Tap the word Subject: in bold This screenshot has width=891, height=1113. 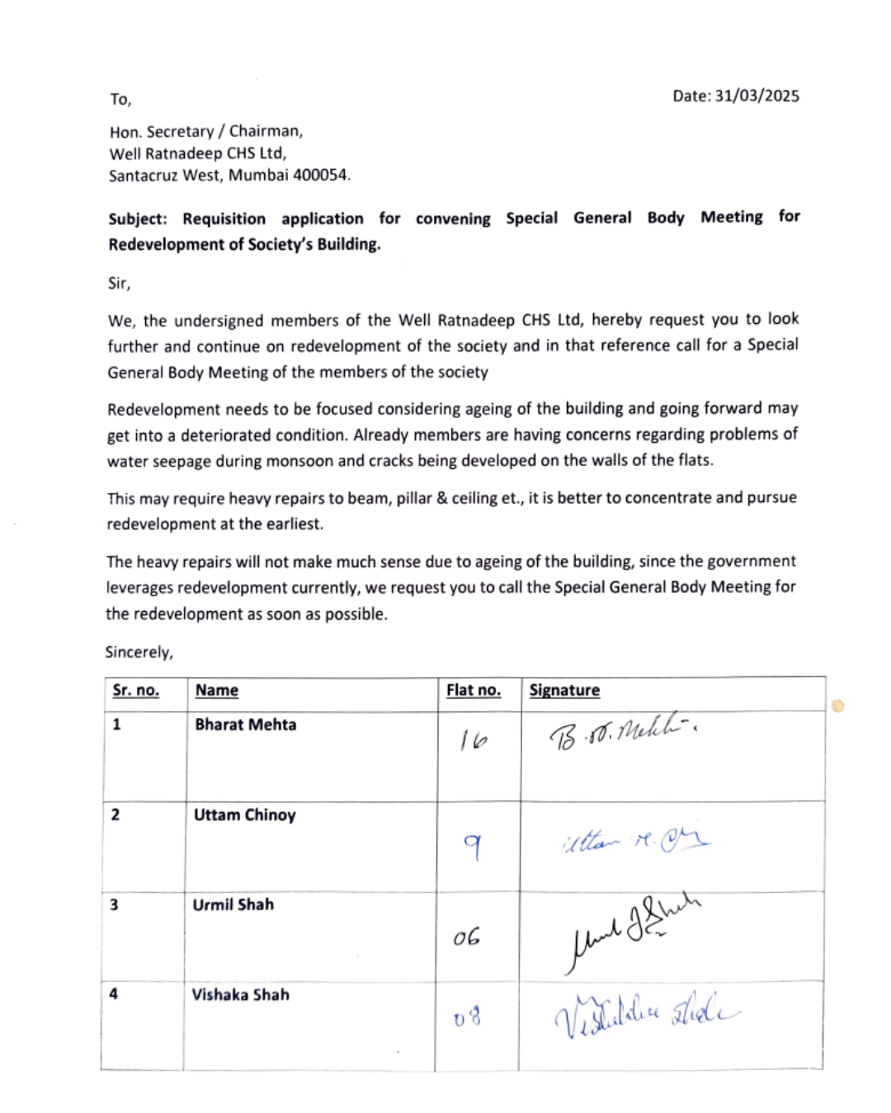point(138,218)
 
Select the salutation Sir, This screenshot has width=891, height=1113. point(119,283)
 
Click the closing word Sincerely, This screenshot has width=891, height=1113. point(139,652)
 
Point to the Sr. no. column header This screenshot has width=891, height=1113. point(135,690)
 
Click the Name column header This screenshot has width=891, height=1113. point(216,690)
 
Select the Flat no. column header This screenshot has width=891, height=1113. point(474,690)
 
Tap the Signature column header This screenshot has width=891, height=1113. point(564,690)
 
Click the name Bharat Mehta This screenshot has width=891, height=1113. point(245,725)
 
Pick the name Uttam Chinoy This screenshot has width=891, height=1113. point(244,815)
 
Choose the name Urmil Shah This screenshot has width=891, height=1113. point(233,904)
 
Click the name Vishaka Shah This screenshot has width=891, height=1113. point(240,994)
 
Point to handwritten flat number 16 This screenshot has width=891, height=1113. point(474,740)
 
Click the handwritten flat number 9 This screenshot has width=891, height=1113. point(473,845)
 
